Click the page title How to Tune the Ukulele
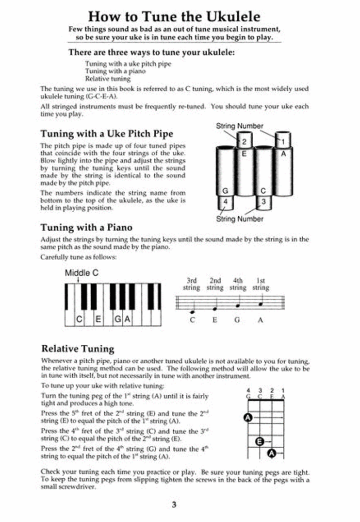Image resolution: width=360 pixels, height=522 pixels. tap(174, 17)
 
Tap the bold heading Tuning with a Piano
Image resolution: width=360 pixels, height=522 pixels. tap(86, 227)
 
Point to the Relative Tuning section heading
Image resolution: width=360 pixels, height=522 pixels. tap(78, 349)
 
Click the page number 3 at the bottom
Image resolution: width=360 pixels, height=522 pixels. tap(174, 505)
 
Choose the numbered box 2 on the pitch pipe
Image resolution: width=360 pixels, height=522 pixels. tap(245, 141)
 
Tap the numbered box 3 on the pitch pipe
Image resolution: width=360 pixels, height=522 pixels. tap(263, 201)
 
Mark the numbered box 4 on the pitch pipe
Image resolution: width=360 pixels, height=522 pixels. tap(225, 201)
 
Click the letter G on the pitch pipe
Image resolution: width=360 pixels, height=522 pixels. tap(225, 191)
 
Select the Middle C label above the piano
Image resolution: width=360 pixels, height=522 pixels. tap(82, 273)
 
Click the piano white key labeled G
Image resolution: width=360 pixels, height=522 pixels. tap(117, 319)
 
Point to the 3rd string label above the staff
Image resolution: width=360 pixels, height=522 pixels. tap(192, 284)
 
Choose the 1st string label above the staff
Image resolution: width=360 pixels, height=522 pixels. tap(261, 284)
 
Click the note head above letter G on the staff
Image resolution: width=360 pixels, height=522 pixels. tap(238, 305)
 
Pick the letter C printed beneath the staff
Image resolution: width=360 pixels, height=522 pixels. tap(193, 320)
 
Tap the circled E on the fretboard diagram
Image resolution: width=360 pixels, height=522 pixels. tap(260, 441)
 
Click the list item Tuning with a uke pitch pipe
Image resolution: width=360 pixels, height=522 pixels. tap(128, 64)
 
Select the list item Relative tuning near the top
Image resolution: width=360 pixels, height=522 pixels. tap(108, 78)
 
